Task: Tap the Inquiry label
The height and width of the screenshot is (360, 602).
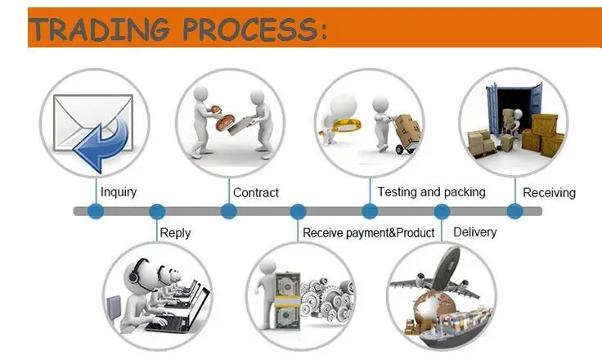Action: point(119,192)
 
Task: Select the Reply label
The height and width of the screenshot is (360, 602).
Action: point(175,233)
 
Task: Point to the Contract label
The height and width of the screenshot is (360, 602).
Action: point(256,193)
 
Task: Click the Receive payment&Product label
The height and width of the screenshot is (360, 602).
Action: point(368,233)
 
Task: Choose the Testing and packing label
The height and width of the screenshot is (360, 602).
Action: point(431,192)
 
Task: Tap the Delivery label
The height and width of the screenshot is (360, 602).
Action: point(474,232)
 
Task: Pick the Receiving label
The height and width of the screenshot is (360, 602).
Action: point(549,193)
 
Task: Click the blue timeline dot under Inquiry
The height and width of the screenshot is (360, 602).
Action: point(96,211)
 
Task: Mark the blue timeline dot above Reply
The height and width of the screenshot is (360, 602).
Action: point(157,211)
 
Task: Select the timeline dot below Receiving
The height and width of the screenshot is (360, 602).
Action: point(514,211)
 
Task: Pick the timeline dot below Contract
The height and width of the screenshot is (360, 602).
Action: point(228,211)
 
